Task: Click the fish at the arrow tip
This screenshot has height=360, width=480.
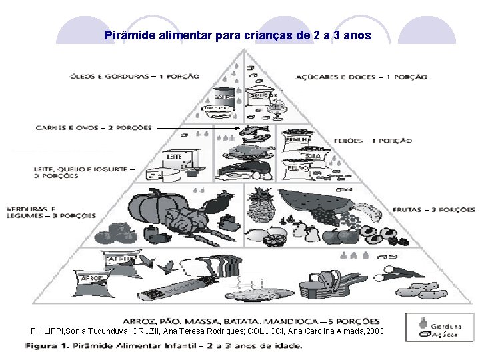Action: [257, 133]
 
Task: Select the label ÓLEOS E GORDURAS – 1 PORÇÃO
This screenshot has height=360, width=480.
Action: [135, 76]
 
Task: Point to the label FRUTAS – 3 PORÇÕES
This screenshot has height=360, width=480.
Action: [434, 209]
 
